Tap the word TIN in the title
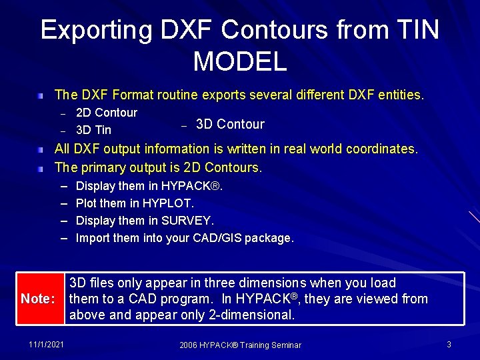(416, 30)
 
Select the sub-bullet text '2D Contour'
(107, 113)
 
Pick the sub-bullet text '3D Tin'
(93, 130)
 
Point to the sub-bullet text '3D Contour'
(230, 124)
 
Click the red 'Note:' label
(38, 299)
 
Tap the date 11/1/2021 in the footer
(47, 344)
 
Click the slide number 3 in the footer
(449, 344)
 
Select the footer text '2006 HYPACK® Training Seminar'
(240, 345)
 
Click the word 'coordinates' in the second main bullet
(381, 149)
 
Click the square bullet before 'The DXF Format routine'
(41, 96)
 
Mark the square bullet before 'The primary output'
(41, 167)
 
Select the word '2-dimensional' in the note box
(257, 315)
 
